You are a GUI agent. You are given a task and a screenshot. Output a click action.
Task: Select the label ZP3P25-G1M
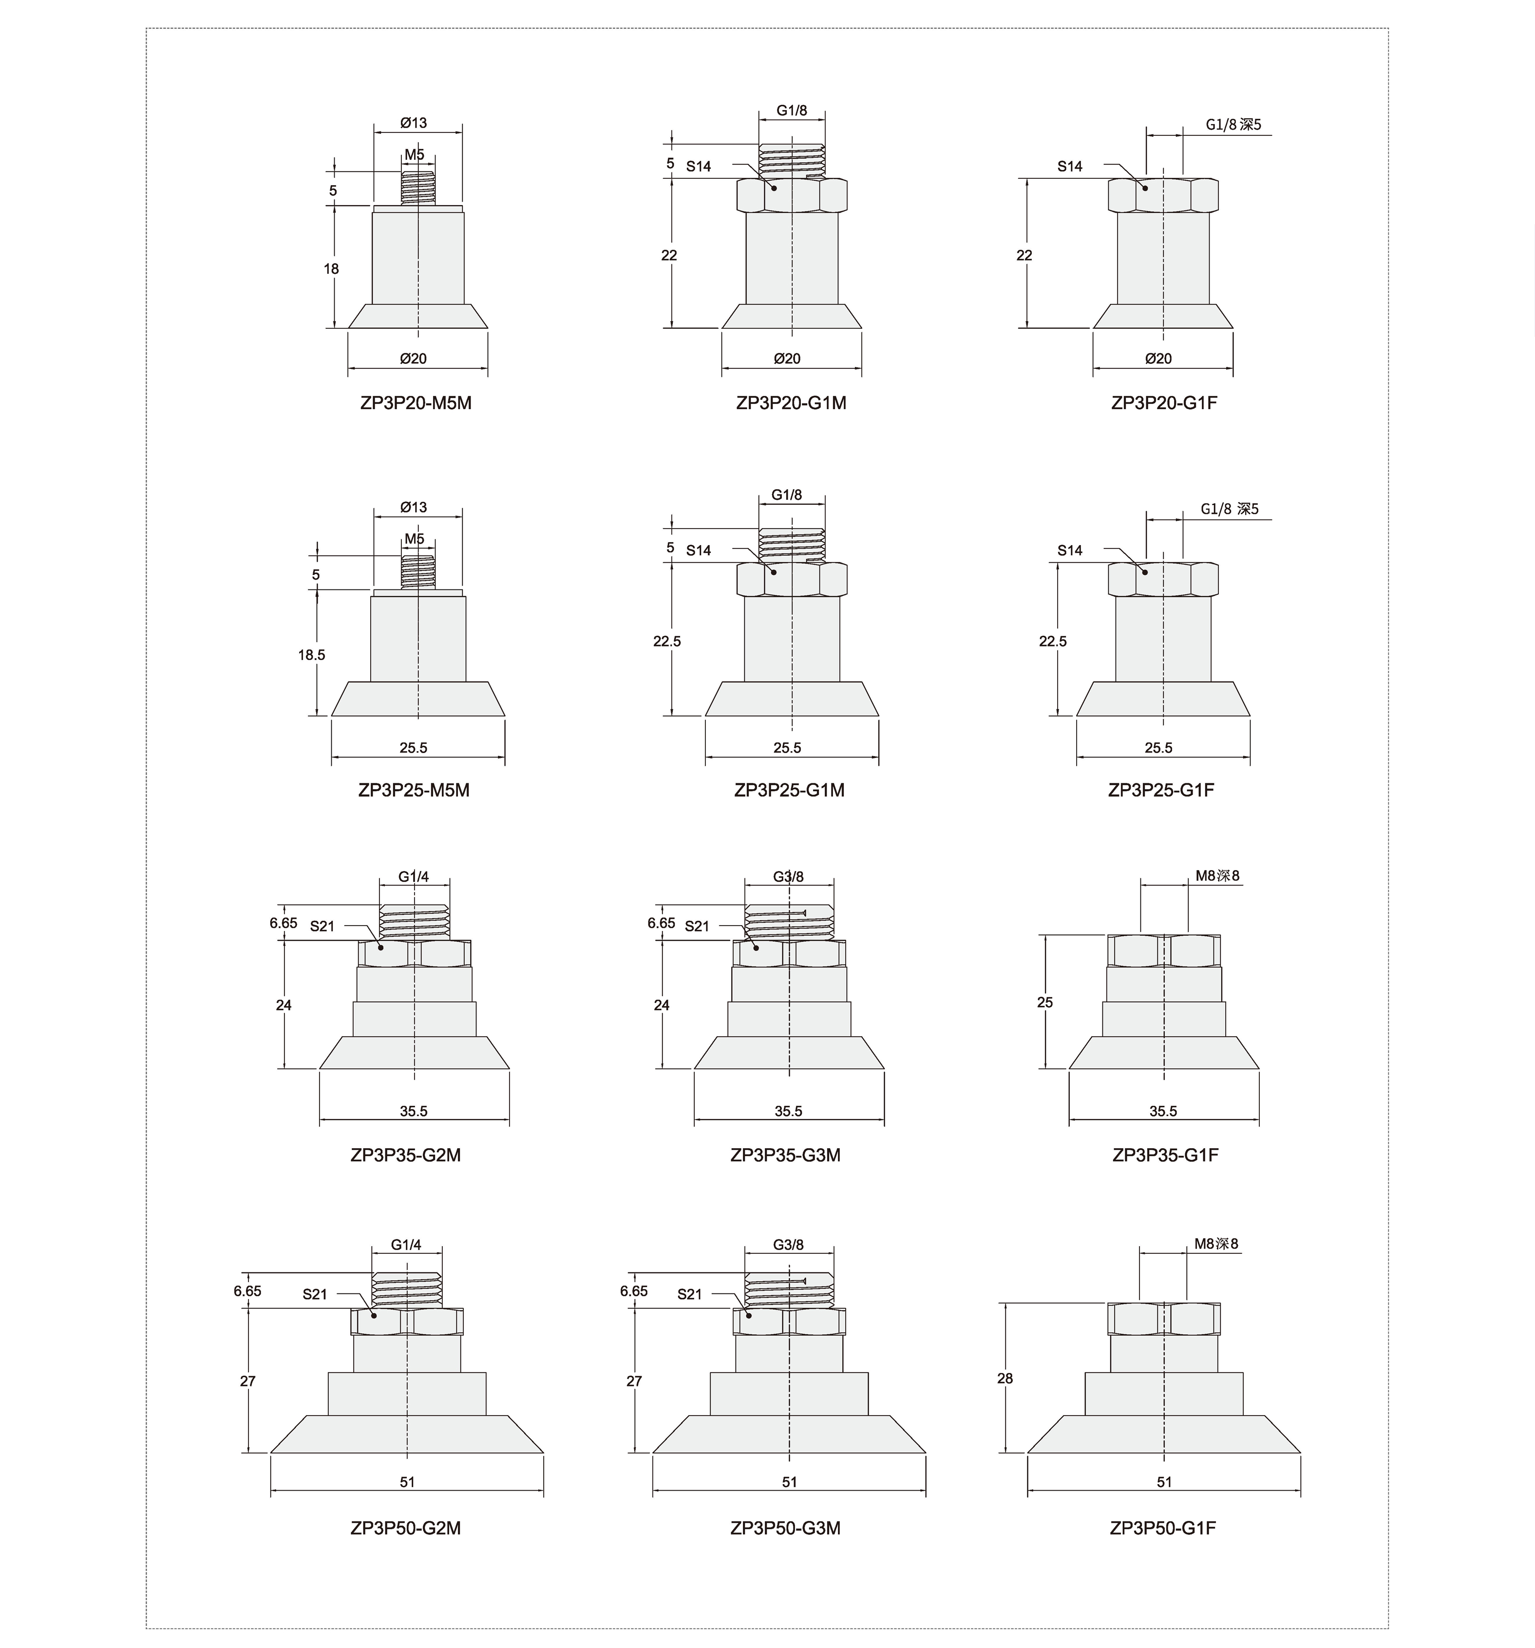[x=789, y=790]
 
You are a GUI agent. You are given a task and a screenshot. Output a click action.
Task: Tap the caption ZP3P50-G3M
[x=785, y=1528]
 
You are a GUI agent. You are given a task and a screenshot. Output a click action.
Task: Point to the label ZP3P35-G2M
[x=405, y=1155]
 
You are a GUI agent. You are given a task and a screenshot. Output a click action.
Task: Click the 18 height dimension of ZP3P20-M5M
[x=332, y=268]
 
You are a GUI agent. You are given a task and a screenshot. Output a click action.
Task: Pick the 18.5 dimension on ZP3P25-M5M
[x=312, y=655]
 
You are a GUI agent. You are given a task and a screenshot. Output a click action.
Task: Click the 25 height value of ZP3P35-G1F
[x=1044, y=1002]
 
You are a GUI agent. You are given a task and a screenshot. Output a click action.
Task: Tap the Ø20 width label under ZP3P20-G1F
[x=1158, y=358]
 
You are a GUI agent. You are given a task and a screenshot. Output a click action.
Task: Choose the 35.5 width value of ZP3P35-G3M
[x=788, y=1111]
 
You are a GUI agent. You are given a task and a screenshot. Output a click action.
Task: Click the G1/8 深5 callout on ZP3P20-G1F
[x=1232, y=125]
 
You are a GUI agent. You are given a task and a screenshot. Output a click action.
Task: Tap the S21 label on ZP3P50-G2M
[x=315, y=1294]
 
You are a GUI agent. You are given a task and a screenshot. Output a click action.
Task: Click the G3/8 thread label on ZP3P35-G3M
[x=788, y=877]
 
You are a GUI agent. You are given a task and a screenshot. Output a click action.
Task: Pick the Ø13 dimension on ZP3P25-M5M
[x=413, y=507]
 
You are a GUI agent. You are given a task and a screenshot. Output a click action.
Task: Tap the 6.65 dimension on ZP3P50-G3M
[x=634, y=1291]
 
